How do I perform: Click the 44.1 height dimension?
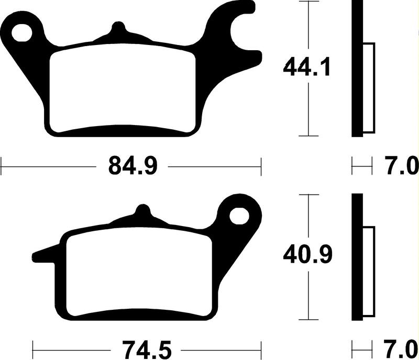tap(307, 67)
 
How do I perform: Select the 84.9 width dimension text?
tap(130, 167)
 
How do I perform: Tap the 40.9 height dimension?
tap(307, 256)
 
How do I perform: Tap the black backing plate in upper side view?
tap(357, 68)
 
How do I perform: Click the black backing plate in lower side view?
tap(357, 256)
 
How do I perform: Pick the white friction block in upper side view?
tap(369, 86)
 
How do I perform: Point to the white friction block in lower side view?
tap(369, 272)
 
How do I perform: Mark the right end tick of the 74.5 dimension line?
tap(261, 347)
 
